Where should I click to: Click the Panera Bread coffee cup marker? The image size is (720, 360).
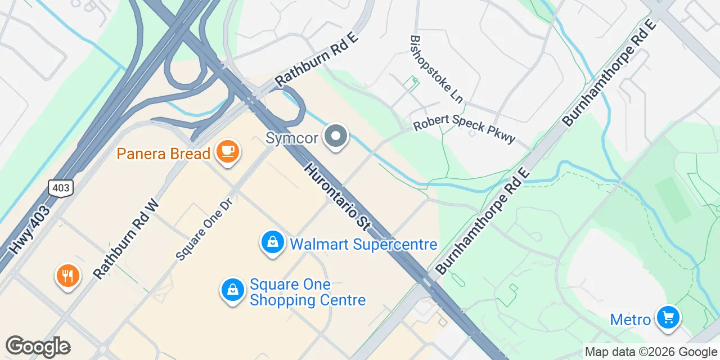227,151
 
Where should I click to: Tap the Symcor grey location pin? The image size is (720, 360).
336,136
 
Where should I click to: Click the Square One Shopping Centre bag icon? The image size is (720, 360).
232,290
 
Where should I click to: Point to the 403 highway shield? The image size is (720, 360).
60,188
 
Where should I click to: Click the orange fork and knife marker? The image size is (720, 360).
68,276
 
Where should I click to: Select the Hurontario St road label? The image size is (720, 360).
337,197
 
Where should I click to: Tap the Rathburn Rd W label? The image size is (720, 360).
126,238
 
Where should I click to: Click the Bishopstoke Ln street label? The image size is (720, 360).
436,69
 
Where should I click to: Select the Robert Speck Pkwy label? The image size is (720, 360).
464,130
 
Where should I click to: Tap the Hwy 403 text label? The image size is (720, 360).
29,230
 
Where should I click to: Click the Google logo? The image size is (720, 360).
38,346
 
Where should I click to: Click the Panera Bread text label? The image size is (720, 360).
164,153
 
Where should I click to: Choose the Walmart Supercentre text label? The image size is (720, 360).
363,244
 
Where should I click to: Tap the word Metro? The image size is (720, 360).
631,320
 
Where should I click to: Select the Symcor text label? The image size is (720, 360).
292,137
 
